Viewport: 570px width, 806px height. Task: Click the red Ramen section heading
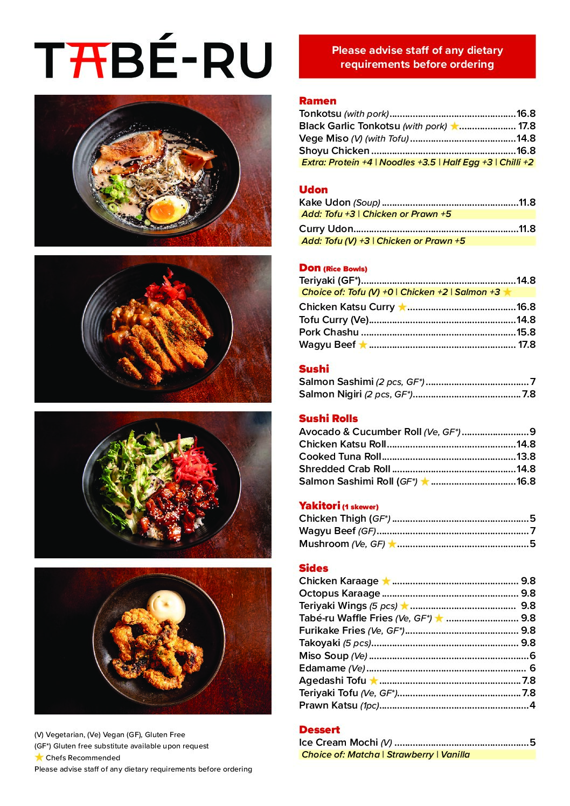(317, 101)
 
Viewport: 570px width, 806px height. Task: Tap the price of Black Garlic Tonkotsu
(526, 126)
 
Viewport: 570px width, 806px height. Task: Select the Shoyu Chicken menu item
(334, 151)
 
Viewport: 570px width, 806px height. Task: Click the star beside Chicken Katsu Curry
(402, 307)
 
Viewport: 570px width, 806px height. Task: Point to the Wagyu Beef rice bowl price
(526, 345)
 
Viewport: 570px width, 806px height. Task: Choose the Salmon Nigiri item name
(330, 394)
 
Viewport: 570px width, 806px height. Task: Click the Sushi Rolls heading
(328, 418)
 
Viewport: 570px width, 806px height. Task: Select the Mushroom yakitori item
(324, 544)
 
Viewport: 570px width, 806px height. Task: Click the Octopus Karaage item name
(339, 593)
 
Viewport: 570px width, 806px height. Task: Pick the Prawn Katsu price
(532, 705)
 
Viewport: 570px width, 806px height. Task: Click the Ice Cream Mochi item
(338, 742)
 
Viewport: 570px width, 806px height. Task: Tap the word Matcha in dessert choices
(363, 754)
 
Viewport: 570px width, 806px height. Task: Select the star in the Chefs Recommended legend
(39, 758)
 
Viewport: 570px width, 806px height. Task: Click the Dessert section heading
(319, 730)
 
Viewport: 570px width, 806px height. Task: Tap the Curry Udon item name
(326, 229)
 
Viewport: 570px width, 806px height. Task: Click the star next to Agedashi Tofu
(373, 681)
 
